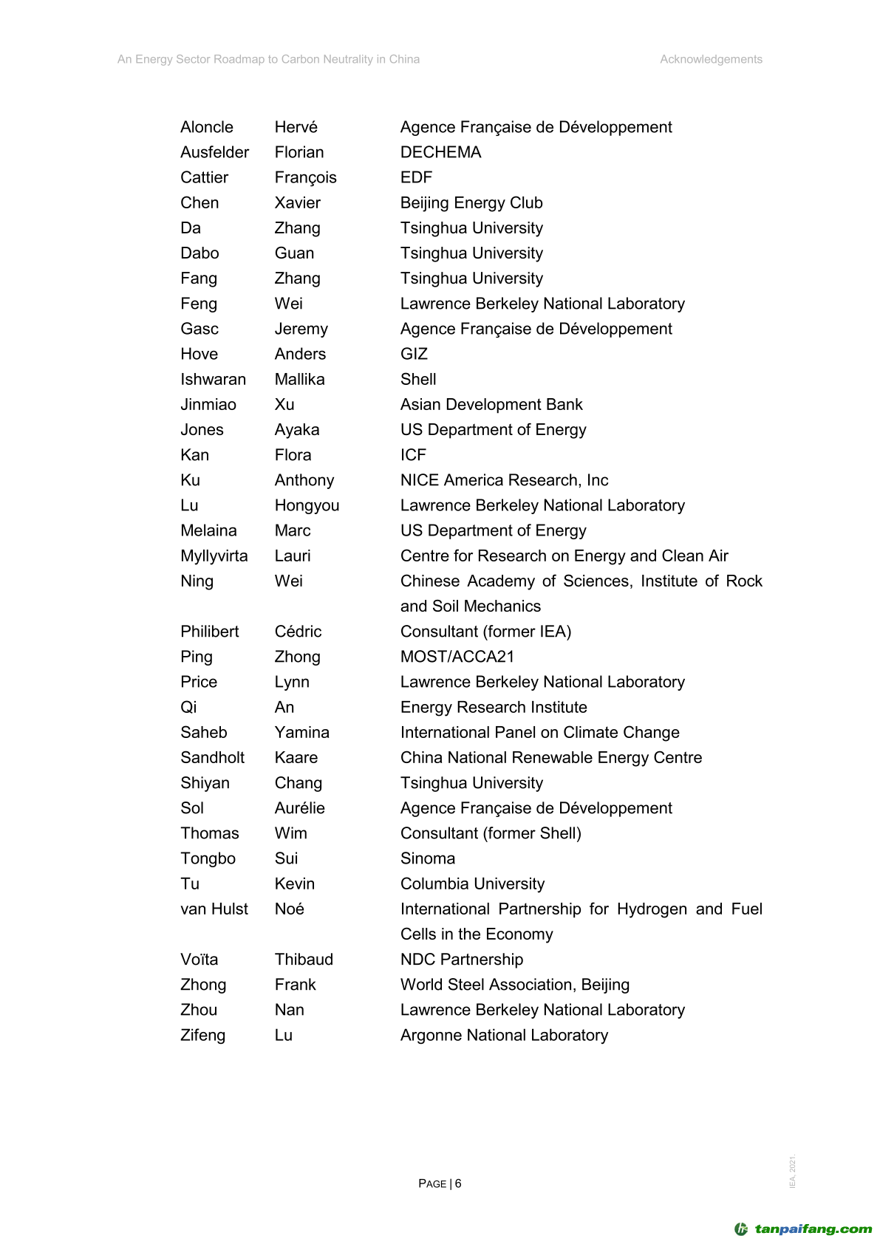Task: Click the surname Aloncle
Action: point(207,127)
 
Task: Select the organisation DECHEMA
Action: point(440,152)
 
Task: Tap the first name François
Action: point(305,178)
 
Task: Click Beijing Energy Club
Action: point(471,203)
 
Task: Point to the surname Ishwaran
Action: point(213,380)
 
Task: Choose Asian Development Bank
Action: point(491,405)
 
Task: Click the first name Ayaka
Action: point(297,430)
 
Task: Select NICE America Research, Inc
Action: point(504,480)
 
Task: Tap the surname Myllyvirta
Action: point(214,556)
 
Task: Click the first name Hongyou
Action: point(307,506)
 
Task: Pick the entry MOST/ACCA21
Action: point(457,657)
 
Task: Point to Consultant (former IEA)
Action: point(485,632)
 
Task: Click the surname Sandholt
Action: point(213,758)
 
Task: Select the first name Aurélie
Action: point(299,808)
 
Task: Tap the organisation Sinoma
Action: point(428,858)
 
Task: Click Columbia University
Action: point(472,884)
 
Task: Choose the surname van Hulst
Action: point(214,909)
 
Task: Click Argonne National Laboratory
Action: point(504,1036)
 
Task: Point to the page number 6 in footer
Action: point(458,1183)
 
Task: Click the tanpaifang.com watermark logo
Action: point(803,1229)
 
